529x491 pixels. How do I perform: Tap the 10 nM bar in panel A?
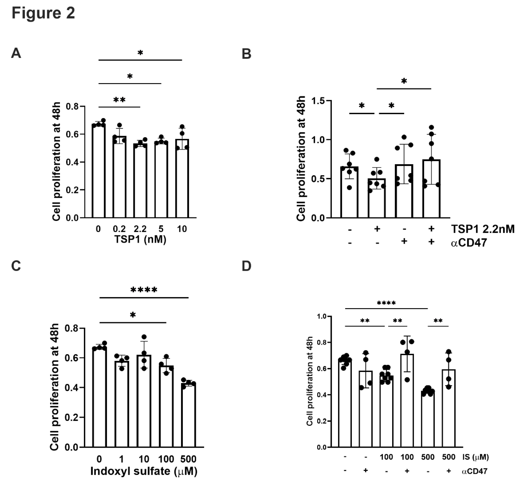182,178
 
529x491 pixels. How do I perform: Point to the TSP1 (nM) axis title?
140,239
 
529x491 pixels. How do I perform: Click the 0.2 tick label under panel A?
119,229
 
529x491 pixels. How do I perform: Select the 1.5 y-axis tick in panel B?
318,101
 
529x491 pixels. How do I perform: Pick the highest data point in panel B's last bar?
431,127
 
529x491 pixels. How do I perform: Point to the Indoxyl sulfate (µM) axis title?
144,471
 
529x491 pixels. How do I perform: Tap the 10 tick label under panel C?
144,459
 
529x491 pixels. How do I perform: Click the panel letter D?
246,266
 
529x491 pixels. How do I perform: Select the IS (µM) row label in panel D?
475,457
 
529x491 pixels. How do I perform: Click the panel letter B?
246,54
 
